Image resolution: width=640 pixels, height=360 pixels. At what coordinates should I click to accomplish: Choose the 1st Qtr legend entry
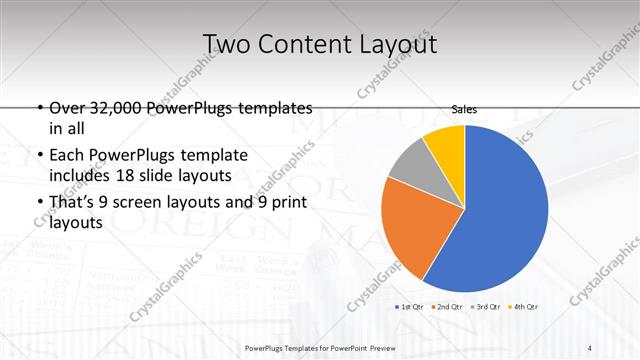pos(411,306)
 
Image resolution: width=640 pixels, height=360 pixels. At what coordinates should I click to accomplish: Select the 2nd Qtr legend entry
pos(447,306)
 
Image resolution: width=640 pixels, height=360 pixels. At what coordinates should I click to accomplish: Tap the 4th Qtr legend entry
pos(523,306)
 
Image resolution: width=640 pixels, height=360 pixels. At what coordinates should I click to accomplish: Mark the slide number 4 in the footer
pos(591,347)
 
